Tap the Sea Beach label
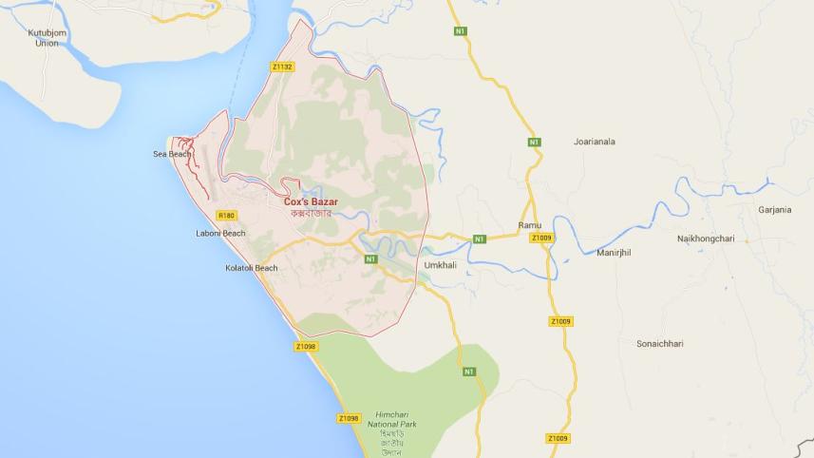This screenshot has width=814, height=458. click(172, 154)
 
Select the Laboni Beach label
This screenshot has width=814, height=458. click(220, 233)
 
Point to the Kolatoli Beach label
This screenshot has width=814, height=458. click(252, 268)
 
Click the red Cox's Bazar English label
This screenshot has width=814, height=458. click(311, 201)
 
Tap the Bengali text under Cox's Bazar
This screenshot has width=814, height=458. click(311, 214)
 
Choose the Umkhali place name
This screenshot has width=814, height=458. click(441, 265)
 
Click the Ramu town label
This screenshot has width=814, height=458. click(529, 224)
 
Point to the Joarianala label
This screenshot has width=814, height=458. click(595, 142)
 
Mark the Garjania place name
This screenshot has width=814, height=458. click(775, 210)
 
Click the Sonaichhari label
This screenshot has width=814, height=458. click(660, 343)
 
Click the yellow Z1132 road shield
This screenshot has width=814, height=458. click(282, 67)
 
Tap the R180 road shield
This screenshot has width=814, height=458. click(226, 215)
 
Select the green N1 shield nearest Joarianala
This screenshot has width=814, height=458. click(535, 143)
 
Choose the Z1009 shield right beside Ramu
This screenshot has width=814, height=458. click(542, 237)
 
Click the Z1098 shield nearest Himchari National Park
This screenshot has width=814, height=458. click(350, 418)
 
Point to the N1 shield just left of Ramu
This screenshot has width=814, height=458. click(480, 238)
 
